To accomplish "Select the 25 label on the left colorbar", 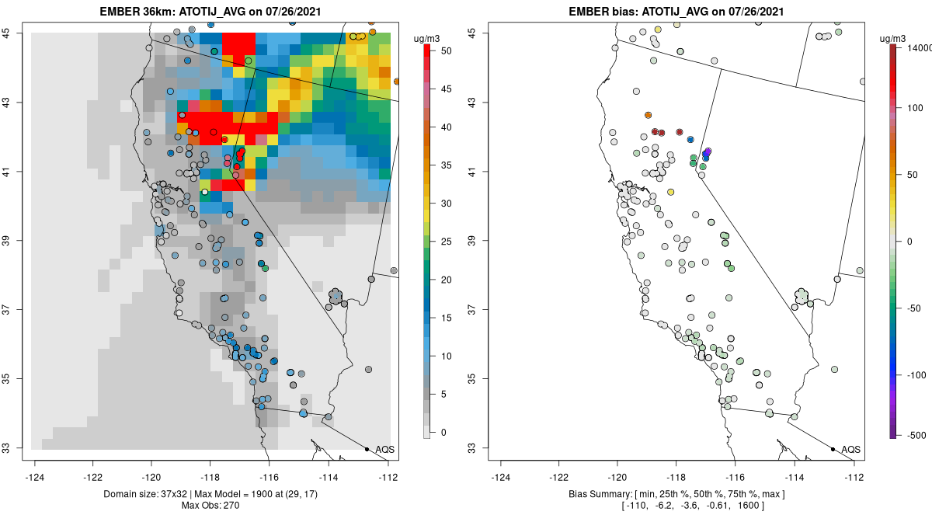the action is coord(447,242).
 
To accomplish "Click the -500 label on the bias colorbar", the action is coord(917,436).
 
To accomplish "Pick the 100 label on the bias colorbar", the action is coord(916,108).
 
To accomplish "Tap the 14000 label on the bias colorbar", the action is coord(920,48).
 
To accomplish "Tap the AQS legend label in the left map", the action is coord(384,450).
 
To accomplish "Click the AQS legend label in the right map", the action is coord(850,450).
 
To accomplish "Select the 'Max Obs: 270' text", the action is coord(210,506).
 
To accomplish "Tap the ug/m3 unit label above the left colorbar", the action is coord(426,39).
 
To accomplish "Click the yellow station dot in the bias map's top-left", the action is coord(658,30).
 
